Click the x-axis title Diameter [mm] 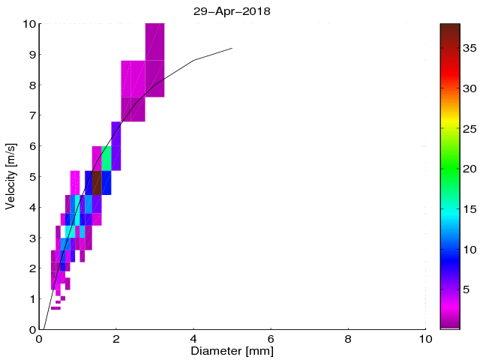232,350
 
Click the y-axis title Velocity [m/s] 10,176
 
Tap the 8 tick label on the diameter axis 348,338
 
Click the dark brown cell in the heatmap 97,183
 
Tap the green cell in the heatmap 106,158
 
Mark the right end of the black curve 232,48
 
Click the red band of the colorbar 450,75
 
